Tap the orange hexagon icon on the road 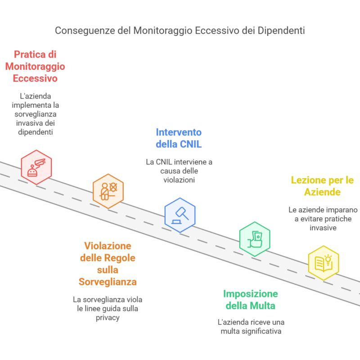coord(108,191)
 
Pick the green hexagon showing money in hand coord(254,239)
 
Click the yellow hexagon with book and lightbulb coord(323,263)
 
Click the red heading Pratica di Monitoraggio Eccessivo coord(35,67)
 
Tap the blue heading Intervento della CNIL coord(179,138)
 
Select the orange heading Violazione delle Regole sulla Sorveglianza coord(108,264)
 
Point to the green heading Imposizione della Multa coord(251,300)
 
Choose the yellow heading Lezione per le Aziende coord(322,186)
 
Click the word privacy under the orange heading coord(108,318)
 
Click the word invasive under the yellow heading coord(323,228)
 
